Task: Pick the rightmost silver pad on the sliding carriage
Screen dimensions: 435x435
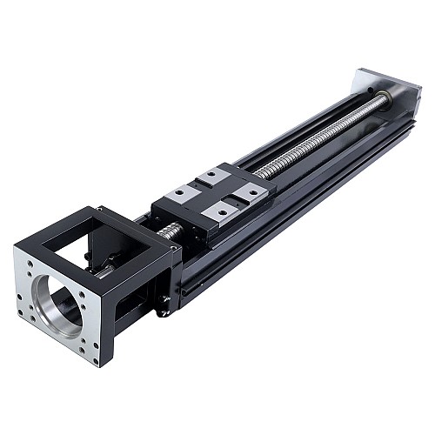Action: pyautogui.click(x=249, y=193)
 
